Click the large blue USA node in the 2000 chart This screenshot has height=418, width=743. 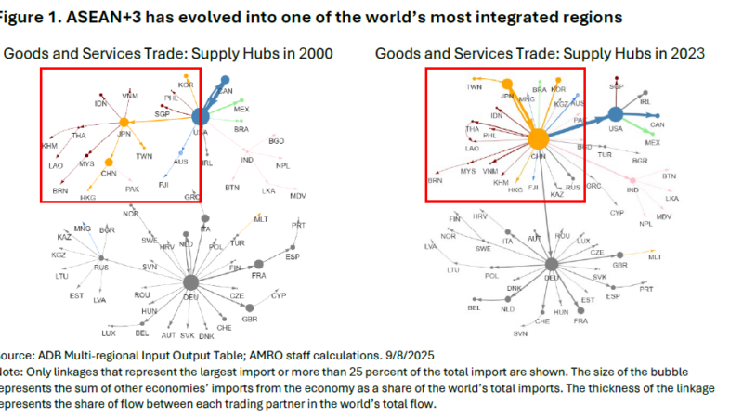pos(200,117)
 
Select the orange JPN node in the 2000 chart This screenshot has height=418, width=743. pos(123,123)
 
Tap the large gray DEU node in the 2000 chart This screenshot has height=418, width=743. pos(191,282)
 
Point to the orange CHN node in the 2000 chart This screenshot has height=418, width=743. pos(108,163)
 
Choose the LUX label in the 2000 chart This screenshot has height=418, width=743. pos(109,332)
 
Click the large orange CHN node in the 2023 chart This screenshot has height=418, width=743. pos(537,139)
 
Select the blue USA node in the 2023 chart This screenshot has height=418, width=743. pos(614,115)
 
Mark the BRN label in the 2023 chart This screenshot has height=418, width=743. pos(435,182)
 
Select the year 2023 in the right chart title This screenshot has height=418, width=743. pos(684,54)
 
